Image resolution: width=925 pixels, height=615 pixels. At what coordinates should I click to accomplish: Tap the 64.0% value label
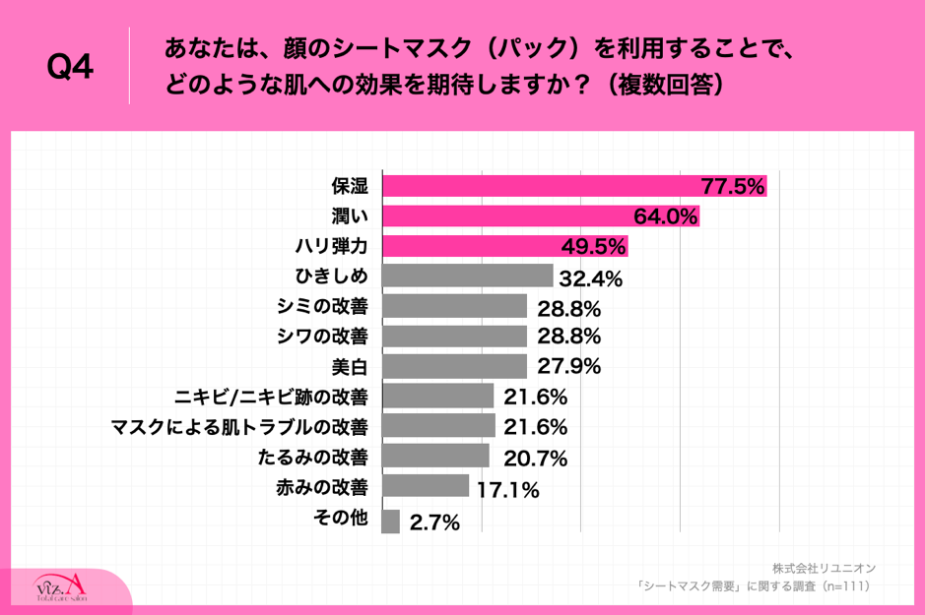tap(665, 216)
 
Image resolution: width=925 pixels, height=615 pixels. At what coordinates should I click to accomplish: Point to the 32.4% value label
tap(590, 278)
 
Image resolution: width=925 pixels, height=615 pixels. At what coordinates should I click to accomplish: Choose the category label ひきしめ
tap(332, 276)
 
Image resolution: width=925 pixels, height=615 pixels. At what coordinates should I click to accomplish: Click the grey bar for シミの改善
tap(454, 306)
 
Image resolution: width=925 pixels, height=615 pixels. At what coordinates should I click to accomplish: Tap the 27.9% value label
tap(567, 367)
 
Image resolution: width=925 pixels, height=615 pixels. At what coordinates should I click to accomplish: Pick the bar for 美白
tap(454, 367)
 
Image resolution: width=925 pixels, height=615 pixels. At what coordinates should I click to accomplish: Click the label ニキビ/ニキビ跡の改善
tap(271, 397)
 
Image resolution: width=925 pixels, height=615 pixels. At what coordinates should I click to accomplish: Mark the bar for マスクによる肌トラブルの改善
tap(438, 426)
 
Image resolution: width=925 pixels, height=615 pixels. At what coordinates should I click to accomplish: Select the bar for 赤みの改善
tap(426, 486)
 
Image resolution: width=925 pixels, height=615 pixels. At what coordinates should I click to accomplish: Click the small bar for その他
tap(390, 522)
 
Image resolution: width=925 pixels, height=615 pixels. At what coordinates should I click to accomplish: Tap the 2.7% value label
tap(434, 523)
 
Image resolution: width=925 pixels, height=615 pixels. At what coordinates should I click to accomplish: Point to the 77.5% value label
tap(732, 187)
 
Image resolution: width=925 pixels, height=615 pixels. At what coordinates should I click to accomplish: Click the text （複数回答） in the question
tap(666, 86)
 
